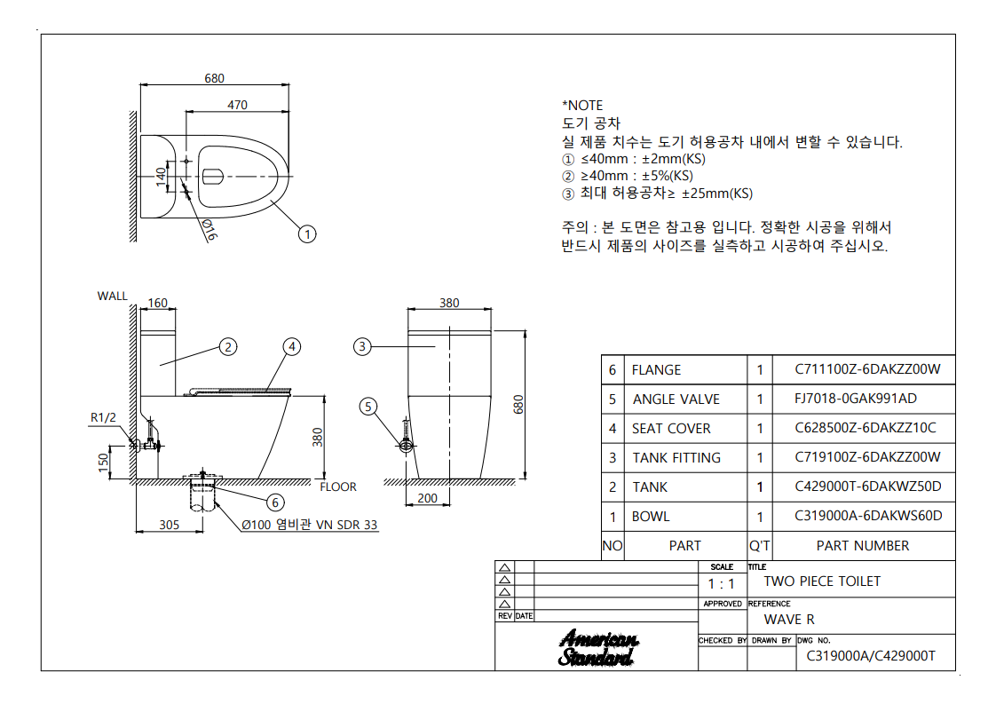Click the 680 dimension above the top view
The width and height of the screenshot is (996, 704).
[x=215, y=78]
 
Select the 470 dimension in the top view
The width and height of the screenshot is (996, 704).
[x=237, y=105]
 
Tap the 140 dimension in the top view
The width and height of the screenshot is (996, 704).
[x=161, y=175]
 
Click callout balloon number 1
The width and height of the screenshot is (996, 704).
[x=307, y=234]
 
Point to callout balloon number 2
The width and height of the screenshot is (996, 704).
[x=229, y=347]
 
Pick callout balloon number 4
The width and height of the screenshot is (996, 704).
[x=293, y=347]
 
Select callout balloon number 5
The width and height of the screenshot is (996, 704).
[x=368, y=407]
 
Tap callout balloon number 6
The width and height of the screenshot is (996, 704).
[x=275, y=502]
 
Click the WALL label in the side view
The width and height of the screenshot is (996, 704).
[x=113, y=296]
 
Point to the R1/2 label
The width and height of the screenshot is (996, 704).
[x=102, y=416]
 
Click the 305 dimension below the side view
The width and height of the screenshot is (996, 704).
[x=169, y=525]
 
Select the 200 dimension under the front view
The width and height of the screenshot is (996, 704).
[x=427, y=498]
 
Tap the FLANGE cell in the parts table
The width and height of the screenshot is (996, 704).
[x=657, y=370]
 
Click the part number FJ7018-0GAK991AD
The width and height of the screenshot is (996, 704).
[x=856, y=399]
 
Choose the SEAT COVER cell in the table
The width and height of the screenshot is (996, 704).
[x=671, y=429]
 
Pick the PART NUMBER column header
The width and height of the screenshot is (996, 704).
[x=863, y=546]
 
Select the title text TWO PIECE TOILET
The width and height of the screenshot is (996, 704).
[x=822, y=581]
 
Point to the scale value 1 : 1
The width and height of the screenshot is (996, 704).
[x=721, y=584]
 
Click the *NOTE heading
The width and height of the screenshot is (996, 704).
[x=582, y=106]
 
